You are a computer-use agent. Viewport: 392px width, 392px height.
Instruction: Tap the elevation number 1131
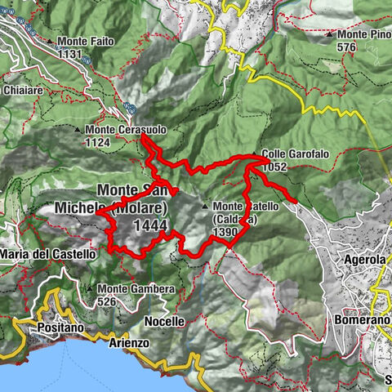pyautogui.click(x=70, y=54)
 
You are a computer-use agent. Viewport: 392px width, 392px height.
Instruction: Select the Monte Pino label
pyautogui.click(x=363, y=35)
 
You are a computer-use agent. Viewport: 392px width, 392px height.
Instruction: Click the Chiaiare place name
pyautogui.click(x=24, y=90)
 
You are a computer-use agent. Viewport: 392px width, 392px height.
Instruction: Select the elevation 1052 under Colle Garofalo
pyautogui.click(x=275, y=166)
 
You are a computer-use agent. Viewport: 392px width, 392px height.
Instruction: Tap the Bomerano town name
pyautogui.click(x=360, y=320)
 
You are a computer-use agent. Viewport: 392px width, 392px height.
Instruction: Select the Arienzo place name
pyautogui.click(x=127, y=344)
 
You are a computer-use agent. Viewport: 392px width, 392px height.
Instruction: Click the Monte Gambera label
pyautogui.click(x=136, y=289)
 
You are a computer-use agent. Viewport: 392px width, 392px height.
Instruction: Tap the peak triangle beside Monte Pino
pyautogui.click(x=329, y=35)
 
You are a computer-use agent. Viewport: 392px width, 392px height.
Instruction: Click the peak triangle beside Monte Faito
pyautogui.click(x=50, y=42)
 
